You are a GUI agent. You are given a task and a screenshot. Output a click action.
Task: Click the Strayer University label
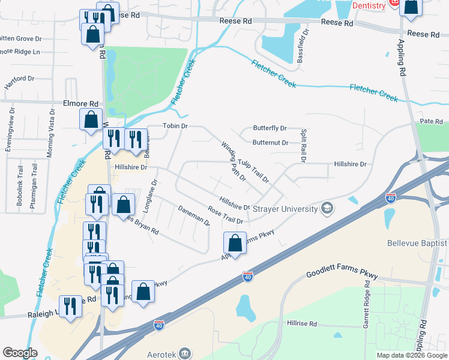pyautogui.click(x=285, y=209)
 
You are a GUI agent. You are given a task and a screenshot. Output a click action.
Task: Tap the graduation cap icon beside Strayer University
pyautogui.click(x=327, y=208)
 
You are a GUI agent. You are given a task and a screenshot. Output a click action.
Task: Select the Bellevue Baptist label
pyautogui.click(x=417, y=243)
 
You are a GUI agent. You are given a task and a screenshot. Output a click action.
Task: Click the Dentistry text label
pyautogui.click(x=368, y=5)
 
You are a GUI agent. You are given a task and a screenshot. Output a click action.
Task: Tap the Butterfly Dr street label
pyautogui.click(x=270, y=128)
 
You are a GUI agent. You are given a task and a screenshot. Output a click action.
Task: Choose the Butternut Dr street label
pyautogui.click(x=270, y=143)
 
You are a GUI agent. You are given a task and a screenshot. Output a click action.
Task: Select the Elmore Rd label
pyautogui.click(x=80, y=103)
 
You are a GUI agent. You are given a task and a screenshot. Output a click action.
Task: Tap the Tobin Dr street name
pyautogui.click(x=176, y=127)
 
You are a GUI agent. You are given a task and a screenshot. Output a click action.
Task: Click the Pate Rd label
pyautogui.click(x=431, y=121)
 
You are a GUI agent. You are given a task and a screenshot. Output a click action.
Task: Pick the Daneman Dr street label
pyautogui.click(x=194, y=215)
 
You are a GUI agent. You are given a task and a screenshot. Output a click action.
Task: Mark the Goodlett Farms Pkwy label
pyautogui.click(x=342, y=274)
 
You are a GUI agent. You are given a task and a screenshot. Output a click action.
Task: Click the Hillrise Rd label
pyautogui.click(x=301, y=323)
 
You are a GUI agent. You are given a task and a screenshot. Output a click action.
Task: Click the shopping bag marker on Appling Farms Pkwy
pyautogui.click(x=235, y=244)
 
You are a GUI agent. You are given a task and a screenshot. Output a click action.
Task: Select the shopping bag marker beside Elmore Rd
pyautogui.click(x=91, y=119)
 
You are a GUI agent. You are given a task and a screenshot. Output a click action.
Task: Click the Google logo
pyautogui.click(x=20, y=353)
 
